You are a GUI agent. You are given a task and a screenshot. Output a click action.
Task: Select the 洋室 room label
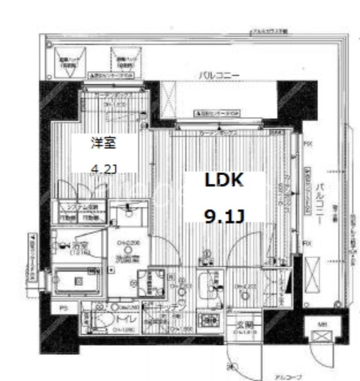(103, 143)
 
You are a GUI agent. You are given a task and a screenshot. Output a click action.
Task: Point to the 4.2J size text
(103, 167)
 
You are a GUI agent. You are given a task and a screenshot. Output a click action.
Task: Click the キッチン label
(167, 307)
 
